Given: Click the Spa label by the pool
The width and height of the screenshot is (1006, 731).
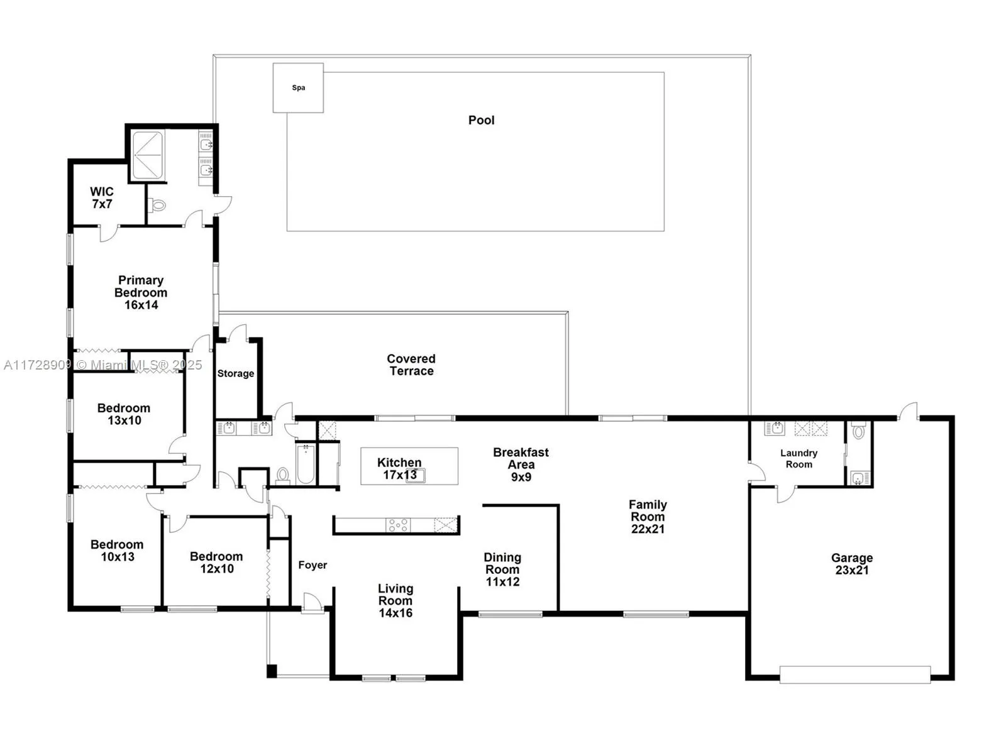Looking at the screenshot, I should point(299,88).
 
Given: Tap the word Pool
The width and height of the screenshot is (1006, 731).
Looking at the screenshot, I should point(481,120).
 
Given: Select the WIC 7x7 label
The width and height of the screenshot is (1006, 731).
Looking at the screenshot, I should point(102,198).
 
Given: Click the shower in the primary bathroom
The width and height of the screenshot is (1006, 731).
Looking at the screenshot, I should point(148,155).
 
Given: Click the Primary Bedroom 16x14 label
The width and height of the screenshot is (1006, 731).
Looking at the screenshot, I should point(141,292).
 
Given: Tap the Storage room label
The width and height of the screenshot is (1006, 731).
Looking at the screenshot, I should point(236,373).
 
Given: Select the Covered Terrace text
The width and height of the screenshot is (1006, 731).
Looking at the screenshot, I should point(411,365).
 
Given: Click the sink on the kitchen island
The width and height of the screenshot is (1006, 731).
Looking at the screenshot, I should point(416,475).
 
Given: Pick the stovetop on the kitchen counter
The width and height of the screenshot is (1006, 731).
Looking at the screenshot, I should point(398,525).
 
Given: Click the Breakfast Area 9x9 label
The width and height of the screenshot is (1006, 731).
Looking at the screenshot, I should point(521,464).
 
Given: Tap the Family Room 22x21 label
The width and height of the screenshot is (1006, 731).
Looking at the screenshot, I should point(648,517).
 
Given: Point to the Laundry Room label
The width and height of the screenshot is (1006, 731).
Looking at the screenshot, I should point(799,459).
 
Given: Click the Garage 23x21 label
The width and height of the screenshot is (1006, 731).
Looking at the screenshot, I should point(851,564).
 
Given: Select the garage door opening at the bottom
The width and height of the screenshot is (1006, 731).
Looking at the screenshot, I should point(854,675).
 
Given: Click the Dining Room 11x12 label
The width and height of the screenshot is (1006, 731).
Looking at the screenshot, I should point(502,569).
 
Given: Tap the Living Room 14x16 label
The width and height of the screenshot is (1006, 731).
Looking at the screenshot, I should point(395,601).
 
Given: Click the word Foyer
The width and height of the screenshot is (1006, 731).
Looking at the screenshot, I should point(312,565).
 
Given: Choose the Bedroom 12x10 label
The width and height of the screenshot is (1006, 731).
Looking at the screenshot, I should point(216,563).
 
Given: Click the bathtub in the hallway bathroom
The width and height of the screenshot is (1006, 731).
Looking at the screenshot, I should point(306,464).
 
